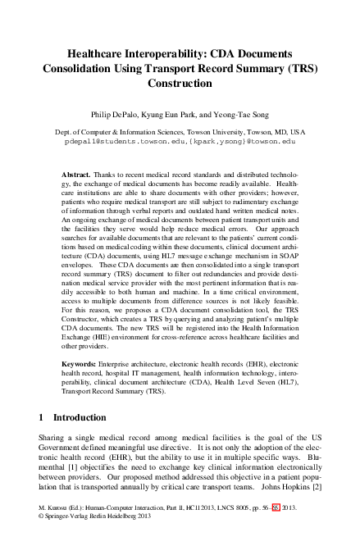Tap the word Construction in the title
(180, 83)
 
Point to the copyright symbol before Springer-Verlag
(43, 540)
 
